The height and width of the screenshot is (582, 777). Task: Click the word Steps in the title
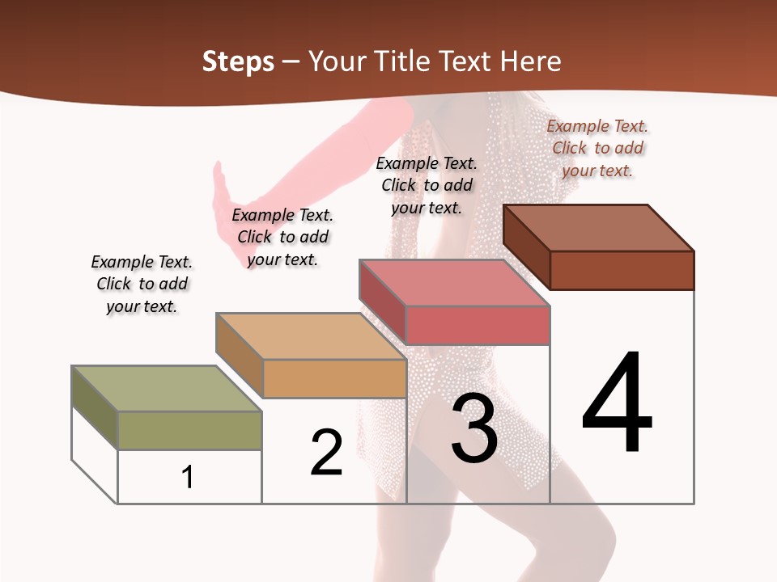[238, 61]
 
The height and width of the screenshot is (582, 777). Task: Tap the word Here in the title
[530, 61]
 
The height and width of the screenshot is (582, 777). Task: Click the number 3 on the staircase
[474, 428]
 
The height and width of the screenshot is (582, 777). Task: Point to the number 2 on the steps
[326, 453]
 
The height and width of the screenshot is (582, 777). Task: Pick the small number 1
[188, 477]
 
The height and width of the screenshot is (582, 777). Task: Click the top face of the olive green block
[167, 388]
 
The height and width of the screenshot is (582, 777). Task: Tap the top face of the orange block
[311, 335]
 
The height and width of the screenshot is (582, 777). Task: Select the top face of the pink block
[455, 283]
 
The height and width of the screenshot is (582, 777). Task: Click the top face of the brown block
[599, 227]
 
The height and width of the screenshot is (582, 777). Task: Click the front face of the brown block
[622, 270]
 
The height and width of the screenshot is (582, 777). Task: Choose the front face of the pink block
[478, 325]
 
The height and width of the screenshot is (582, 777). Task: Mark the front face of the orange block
[334, 378]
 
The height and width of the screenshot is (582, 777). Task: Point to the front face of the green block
[189, 430]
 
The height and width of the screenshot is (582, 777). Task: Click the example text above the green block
[142, 284]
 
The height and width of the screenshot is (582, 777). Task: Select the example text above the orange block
[282, 237]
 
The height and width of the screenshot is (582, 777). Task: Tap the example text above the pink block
[427, 185]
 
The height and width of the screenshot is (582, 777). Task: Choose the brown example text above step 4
[597, 148]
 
